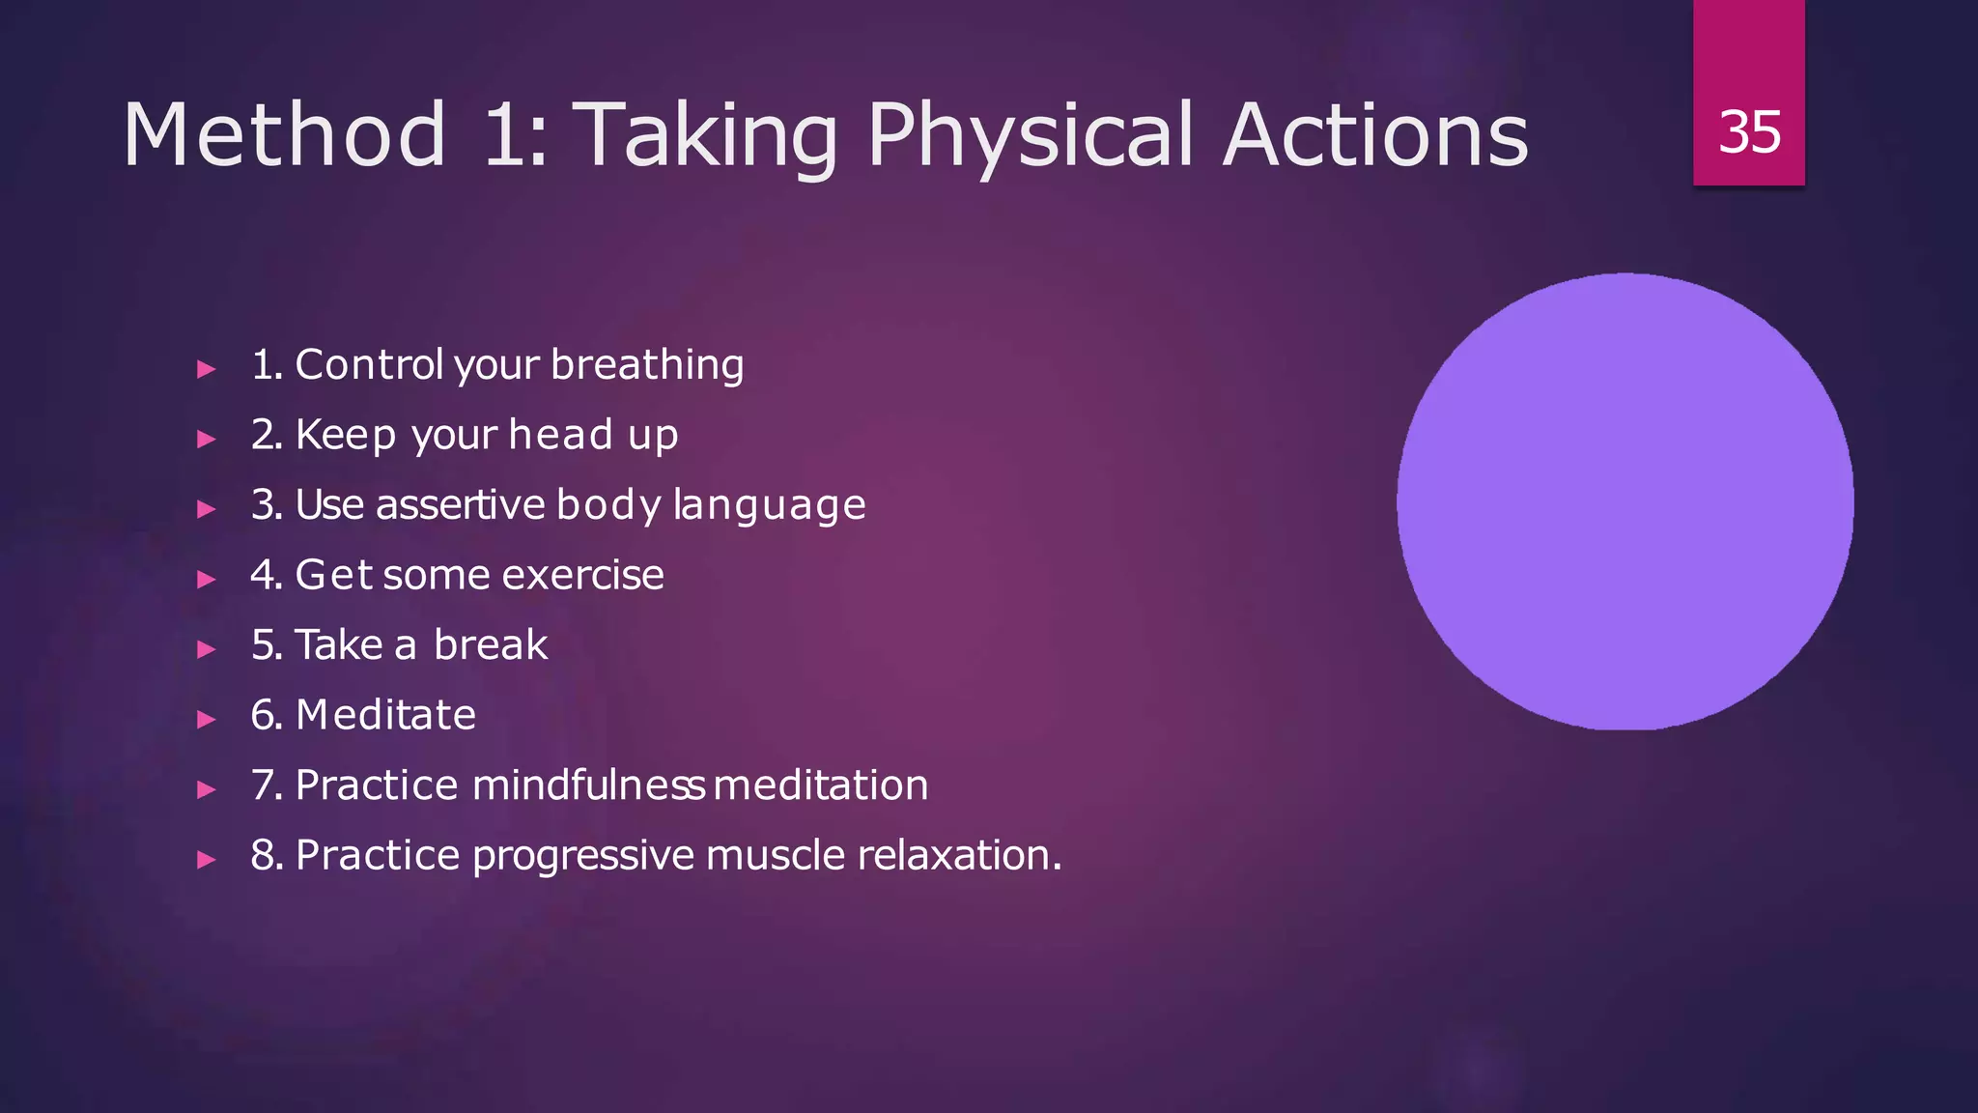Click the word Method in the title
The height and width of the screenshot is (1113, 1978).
click(x=284, y=135)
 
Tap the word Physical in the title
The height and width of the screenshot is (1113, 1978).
click(x=1030, y=135)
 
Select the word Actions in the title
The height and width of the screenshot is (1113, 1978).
click(x=1375, y=135)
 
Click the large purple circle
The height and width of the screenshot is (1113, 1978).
click(x=1625, y=500)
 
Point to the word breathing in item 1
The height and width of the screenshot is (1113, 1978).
click(x=647, y=365)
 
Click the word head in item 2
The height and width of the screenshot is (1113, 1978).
click(x=560, y=435)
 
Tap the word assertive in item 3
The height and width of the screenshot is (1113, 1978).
click(x=461, y=505)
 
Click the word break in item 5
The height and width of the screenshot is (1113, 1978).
click(x=491, y=645)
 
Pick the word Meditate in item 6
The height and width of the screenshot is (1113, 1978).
click(x=385, y=715)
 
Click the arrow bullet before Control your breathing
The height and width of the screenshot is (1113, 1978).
click(x=206, y=368)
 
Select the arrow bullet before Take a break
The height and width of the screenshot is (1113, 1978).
click(x=206, y=648)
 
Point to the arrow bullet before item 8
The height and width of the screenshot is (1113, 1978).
click(x=206, y=859)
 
